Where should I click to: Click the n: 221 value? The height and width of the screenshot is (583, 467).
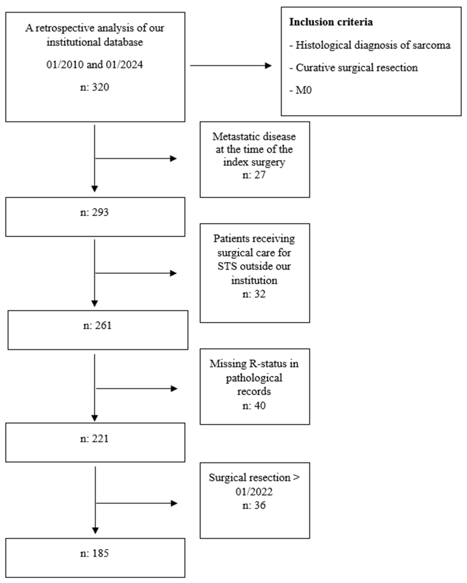pos(95,438)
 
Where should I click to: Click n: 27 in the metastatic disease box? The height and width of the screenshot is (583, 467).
pos(254,175)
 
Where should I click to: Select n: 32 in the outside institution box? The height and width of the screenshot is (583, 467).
pos(254,294)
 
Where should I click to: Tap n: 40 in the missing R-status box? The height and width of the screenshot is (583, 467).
pos(254,406)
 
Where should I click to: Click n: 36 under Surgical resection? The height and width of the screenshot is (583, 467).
pos(254,505)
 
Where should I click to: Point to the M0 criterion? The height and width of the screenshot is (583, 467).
pos(304,90)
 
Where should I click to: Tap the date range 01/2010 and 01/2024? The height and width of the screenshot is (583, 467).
pos(95,65)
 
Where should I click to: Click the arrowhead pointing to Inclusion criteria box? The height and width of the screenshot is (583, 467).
pos(268,65)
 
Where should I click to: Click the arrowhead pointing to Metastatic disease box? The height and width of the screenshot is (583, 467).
pos(173,158)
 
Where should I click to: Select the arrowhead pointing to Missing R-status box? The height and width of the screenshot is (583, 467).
pos(174,389)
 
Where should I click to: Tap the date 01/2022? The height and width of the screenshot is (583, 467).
pos(254,491)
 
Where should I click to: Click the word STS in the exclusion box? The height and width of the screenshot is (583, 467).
pos(227,266)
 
